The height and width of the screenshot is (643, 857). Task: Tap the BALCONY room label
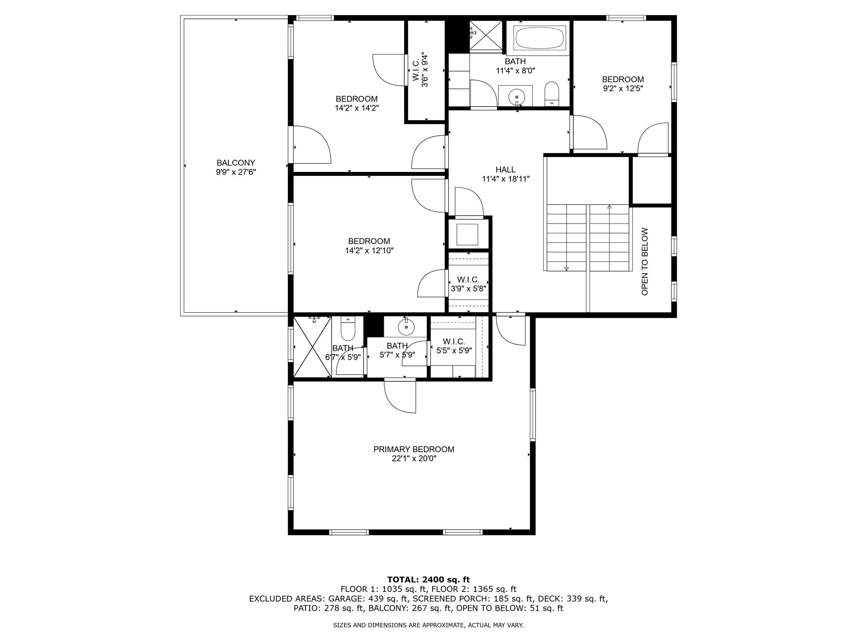click(x=236, y=163)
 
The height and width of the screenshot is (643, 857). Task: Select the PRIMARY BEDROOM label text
click(x=413, y=449)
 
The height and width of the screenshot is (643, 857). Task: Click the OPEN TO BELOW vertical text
click(x=644, y=261)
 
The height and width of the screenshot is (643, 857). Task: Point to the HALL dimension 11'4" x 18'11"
click(x=505, y=179)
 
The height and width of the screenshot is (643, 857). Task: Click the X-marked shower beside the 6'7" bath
click(x=312, y=347)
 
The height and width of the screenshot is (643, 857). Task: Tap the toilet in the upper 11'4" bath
click(x=552, y=94)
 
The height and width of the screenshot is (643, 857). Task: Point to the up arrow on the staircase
click(x=609, y=207)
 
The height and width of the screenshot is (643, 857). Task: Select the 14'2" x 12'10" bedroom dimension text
click(x=369, y=250)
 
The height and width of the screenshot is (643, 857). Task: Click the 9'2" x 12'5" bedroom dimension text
click(x=623, y=88)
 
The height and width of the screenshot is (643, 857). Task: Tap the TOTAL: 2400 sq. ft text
click(x=428, y=579)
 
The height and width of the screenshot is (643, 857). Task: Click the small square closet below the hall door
click(x=467, y=234)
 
